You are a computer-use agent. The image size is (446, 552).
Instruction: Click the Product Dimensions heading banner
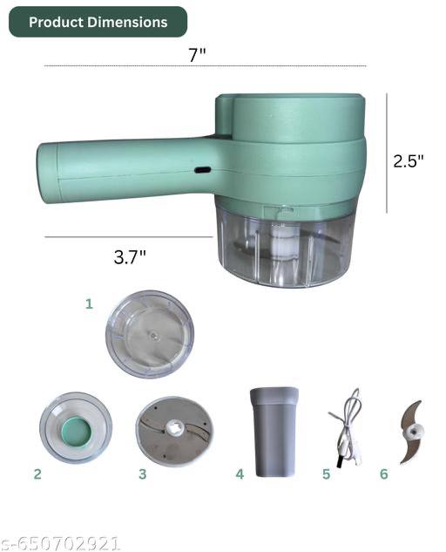pyautogui.click(x=98, y=22)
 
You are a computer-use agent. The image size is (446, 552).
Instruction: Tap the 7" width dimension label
pyautogui.click(x=197, y=55)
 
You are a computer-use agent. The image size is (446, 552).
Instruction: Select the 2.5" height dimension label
pyautogui.click(x=409, y=161)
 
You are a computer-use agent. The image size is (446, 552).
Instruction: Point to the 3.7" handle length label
pyautogui.click(x=130, y=256)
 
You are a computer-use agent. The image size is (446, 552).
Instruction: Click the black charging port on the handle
pyautogui.click(x=203, y=170)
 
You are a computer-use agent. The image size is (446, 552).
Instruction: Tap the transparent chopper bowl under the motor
pyautogui.click(x=283, y=245)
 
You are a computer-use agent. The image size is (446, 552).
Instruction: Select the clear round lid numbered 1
pyautogui.click(x=150, y=335)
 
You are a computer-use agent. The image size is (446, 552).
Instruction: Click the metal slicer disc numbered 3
pyautogui.click(x=174, y=432)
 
